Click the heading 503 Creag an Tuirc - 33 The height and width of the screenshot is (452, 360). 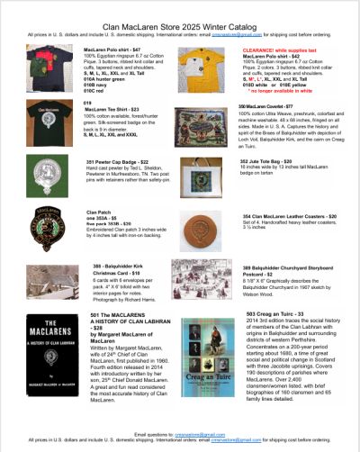pyautogui.click(x=274, y=313)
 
